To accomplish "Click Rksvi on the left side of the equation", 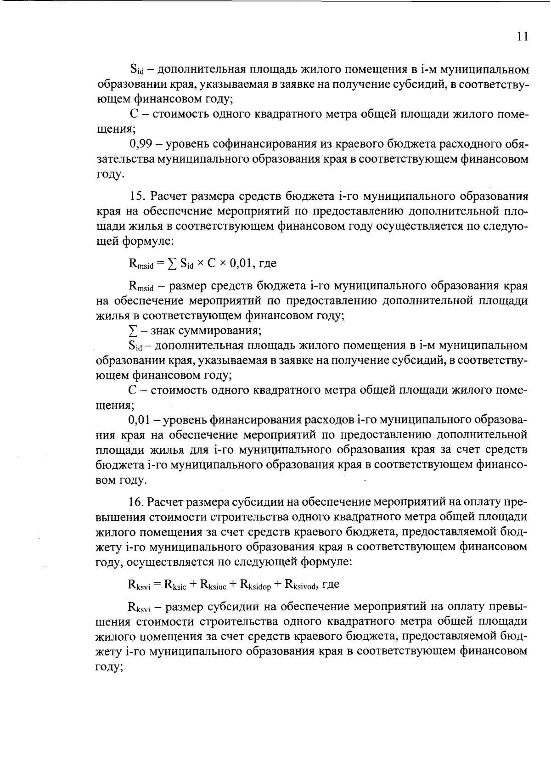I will [140, 585].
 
